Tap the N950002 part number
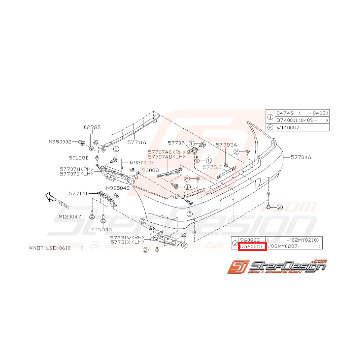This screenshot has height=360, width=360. tap(60, 142)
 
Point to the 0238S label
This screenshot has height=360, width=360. tap(92, 127)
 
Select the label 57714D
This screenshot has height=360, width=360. tap(79, 193)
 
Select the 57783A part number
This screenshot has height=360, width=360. tap(226, 145)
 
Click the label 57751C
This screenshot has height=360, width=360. tap(213, 167)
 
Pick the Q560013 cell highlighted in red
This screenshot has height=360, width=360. tap(252, 246)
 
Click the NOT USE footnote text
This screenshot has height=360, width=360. tap(56, 246)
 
